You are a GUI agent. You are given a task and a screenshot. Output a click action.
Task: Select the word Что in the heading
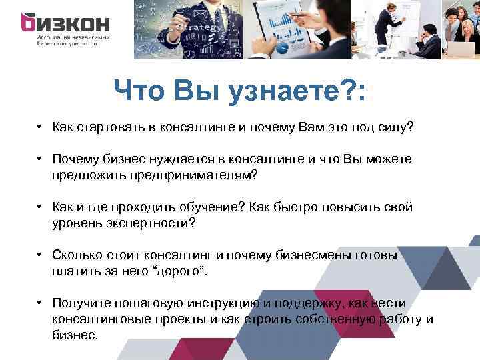pyautogui.click(x=139, y=90)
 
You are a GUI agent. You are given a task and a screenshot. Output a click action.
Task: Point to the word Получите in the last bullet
pyautogui.click(x=80, y=303)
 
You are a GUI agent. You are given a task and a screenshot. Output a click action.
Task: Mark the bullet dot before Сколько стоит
pyautogui.click(x=41, y=255)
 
